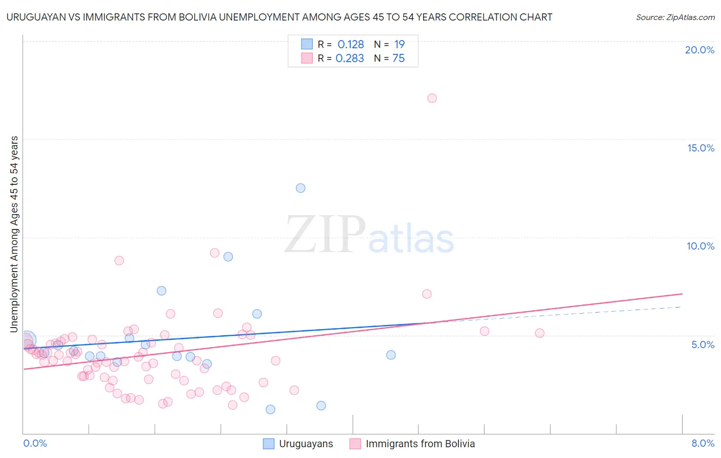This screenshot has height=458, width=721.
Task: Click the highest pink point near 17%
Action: tap(432, 98)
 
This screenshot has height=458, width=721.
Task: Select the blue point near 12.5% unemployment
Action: tap(301, 188)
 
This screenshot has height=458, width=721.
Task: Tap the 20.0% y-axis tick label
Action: tap(699, 50)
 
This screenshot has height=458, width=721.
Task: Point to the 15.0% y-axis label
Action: tap(700, 148)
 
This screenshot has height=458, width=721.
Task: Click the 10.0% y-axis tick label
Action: tap(700, 246)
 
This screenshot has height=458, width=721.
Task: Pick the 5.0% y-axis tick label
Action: tap(703, 345)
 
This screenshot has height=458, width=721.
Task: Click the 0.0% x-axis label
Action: tap(35, 443)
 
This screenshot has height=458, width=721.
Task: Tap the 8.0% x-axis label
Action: tap(703, 443)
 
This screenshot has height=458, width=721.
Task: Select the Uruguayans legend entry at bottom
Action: tap(306, 444)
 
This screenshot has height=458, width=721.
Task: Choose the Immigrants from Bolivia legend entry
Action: tap(420, 444)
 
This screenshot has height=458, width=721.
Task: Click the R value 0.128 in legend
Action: tap(351, 45)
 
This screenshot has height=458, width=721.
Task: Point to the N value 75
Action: tap(398, 59)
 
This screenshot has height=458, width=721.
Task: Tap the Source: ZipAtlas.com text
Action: tap(675, 17)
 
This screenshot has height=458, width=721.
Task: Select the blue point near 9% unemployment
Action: tap(228, 257)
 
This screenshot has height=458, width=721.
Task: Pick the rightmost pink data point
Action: tap(539, 333)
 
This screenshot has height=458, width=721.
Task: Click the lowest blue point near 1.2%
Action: tap(270, 409)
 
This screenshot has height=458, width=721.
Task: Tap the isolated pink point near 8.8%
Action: tap(119, 260)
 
